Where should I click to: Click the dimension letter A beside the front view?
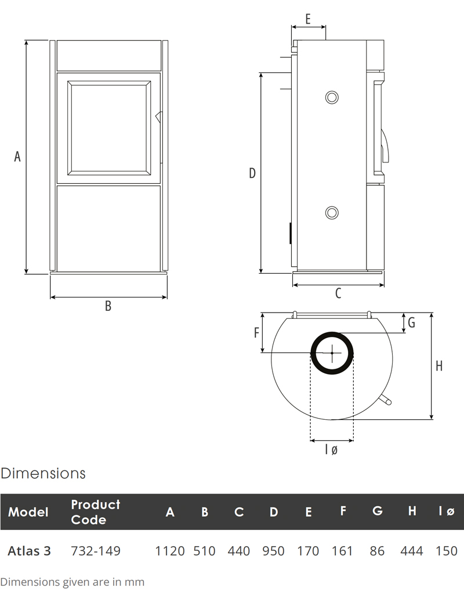pos(17,156)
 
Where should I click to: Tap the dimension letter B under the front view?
pos(108,306)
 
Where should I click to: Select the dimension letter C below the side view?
pos(338,294)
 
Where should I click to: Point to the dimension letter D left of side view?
pos(252,173)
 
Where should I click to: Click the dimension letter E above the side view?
pos(307,19)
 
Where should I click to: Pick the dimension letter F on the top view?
pos(256,333)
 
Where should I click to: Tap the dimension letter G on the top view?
pos(411,323)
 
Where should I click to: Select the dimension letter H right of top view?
pos(439,366)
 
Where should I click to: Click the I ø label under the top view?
pos(331,449)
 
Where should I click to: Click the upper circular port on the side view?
pos(332,97)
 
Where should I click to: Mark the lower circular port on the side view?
pos(332,212)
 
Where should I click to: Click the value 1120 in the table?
pos(170,551)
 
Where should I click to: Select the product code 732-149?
pos(96,551)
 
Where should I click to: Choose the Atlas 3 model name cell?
pos(29,551)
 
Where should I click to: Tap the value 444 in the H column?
pos(412,551)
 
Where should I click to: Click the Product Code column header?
pos(95,512)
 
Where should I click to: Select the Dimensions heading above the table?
pos(43,473)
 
